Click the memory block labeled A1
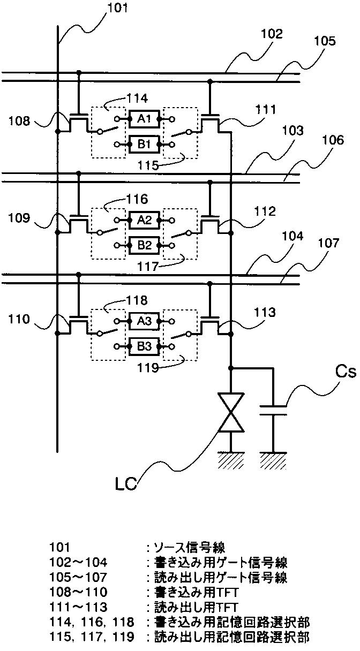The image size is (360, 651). point(144,119)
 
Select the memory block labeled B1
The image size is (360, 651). point(144,144)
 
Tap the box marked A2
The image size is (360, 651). point(144,220)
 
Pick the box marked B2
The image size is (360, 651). point(144,245)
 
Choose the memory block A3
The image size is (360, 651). point(144,321)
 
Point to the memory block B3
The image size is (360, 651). point(144,346)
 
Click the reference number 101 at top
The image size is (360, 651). point(117,7)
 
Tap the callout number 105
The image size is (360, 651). point(325,41)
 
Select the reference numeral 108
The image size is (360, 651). point(19,120)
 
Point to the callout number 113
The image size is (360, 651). point(264,313)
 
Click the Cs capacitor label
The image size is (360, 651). point(346,372)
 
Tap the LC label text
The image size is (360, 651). point(125,484)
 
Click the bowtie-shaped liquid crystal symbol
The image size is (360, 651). point(231,412)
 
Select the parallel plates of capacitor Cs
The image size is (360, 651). point(273,410)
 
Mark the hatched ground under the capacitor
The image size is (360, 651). point(273,460)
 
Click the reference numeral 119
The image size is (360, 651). point(148,368)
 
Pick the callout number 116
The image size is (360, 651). point(137,199)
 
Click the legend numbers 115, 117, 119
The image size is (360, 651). point(92,637)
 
